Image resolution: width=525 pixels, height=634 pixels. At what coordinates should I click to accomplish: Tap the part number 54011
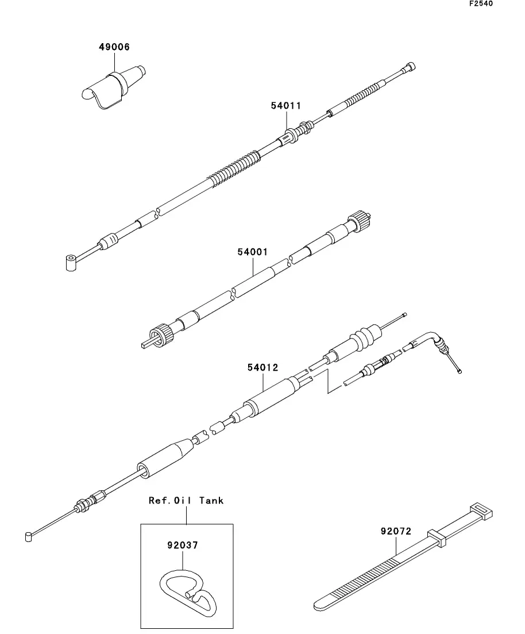tap(286, 106)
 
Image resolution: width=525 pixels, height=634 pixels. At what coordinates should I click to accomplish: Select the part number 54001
tap(253, 252)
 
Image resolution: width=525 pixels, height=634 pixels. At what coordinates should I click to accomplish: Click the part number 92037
tap(182, 545)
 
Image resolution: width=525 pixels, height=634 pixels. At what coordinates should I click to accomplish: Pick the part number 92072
tap(396, 532)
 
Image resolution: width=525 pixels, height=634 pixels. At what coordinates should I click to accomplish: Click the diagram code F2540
tap(481, 4)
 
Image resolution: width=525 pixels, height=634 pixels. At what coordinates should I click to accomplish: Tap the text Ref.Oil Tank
tap(186, 501)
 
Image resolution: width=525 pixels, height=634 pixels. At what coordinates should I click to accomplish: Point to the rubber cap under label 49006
tap(113, 87)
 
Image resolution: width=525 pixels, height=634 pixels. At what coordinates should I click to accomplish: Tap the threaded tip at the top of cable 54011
tap(409, 67)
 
